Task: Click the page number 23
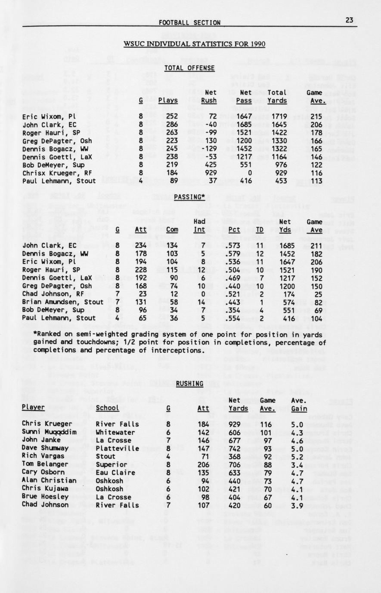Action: click(349, 20)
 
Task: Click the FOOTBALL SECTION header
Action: click(189, 23)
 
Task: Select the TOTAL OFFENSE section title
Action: click(189, 68)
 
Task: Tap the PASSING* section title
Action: click(189, 197)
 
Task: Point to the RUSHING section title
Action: click(189, 384)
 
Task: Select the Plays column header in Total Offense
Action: click(168, 101)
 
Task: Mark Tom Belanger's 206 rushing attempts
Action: click(203, 465)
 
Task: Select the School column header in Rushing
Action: click(107, 408)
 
